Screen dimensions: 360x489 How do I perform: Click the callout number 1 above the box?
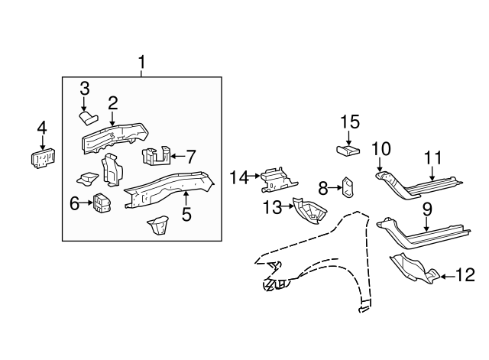tap(141, 61)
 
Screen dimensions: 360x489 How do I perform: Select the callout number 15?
tap(349, 122)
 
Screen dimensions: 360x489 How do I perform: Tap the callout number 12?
tap(465, 274)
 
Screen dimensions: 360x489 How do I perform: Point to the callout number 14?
tap(239, 177)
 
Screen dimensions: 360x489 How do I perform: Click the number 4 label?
tap(42, 128)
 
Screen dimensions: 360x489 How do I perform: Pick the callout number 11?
tap(433, 158)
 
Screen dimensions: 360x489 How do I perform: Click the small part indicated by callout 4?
tap(42, 158)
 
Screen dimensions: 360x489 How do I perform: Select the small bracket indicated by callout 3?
tap(88, 117)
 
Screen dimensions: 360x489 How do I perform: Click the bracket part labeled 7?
tap(155, 156)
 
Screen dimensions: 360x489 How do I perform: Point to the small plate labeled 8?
tap(346, 187)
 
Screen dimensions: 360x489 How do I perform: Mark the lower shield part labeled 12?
tap(411, 268)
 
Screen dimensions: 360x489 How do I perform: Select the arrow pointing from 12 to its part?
tap(448, 274)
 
